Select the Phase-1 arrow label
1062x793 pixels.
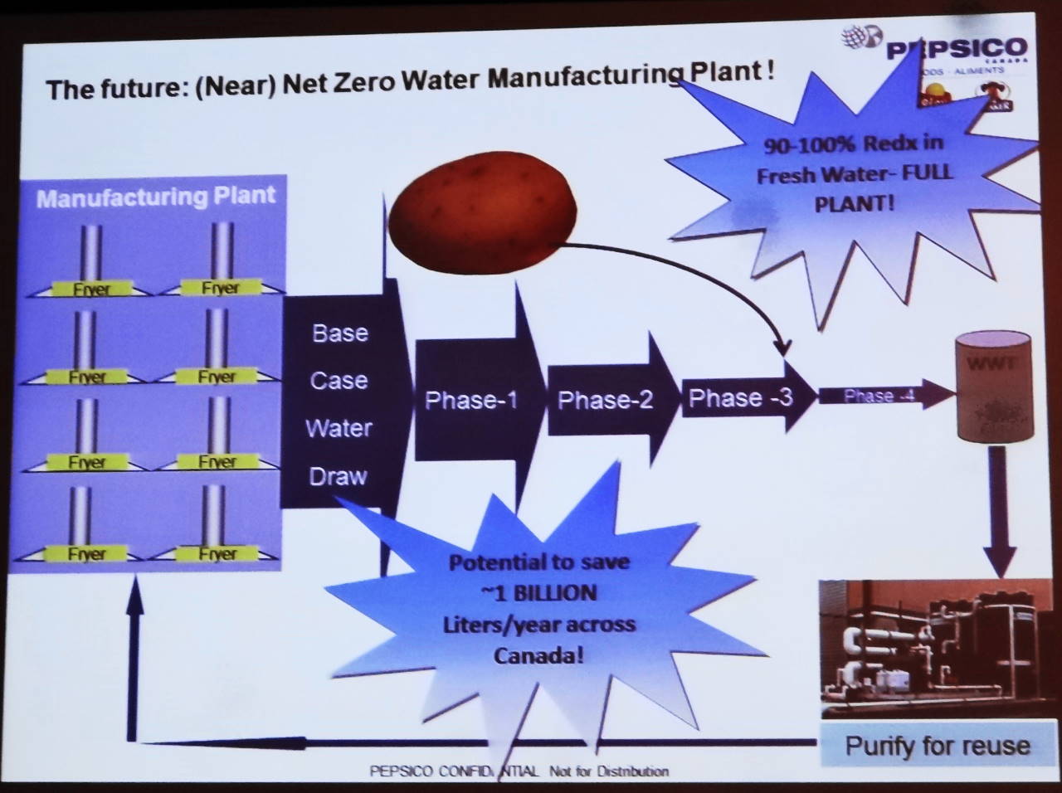tap(470, 401)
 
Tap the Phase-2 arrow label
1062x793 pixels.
tap(605, 401)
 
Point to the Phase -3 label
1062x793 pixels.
tap(740, 397)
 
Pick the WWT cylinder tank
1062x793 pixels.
tap(995, 387)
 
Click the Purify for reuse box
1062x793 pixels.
tap(937, 745)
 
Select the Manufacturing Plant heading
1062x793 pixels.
tap(156, 197)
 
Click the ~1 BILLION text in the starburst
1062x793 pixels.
tap(538, 593)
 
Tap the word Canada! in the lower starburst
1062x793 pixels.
tap(538, 655)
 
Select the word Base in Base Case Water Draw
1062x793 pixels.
tap(339, 333)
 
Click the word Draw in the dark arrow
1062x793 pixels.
tap(338, 476)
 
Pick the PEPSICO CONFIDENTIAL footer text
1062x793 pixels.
tap(519, 771)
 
